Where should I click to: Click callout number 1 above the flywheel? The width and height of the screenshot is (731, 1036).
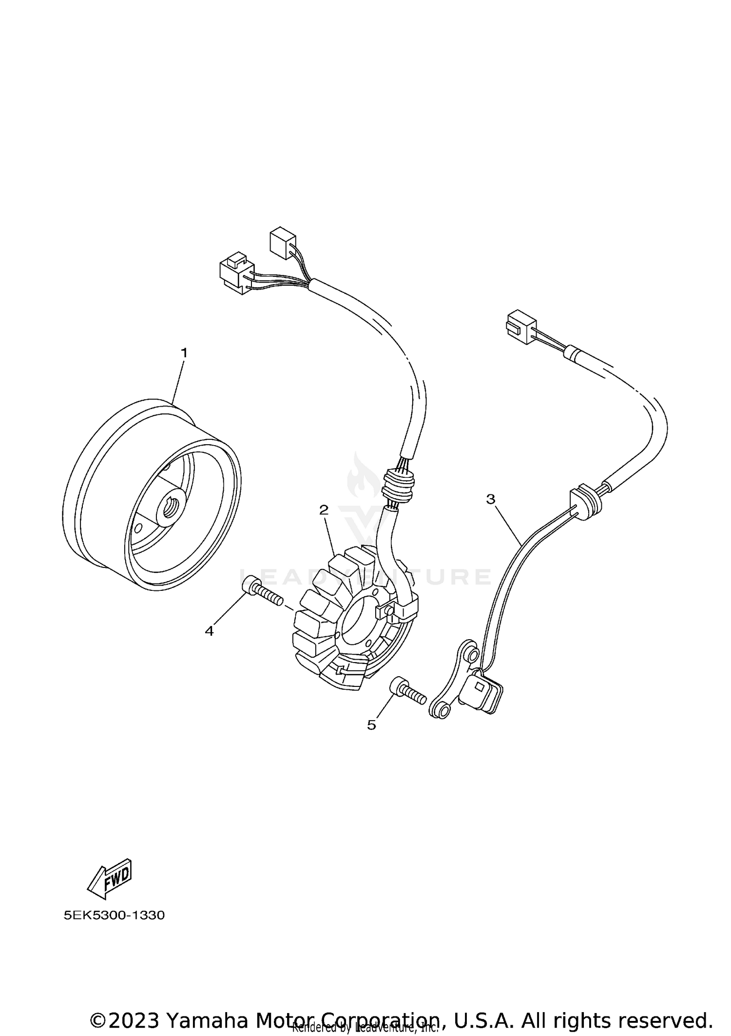[x=184, y=352]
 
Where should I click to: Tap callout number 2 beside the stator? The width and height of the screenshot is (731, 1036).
[x=324, y=510]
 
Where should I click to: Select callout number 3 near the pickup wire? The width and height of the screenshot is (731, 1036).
[x=490, y=499]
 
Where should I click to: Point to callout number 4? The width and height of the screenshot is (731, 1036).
[x=209, y=631]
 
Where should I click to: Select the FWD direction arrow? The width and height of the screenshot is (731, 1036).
[x=110, y=879]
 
